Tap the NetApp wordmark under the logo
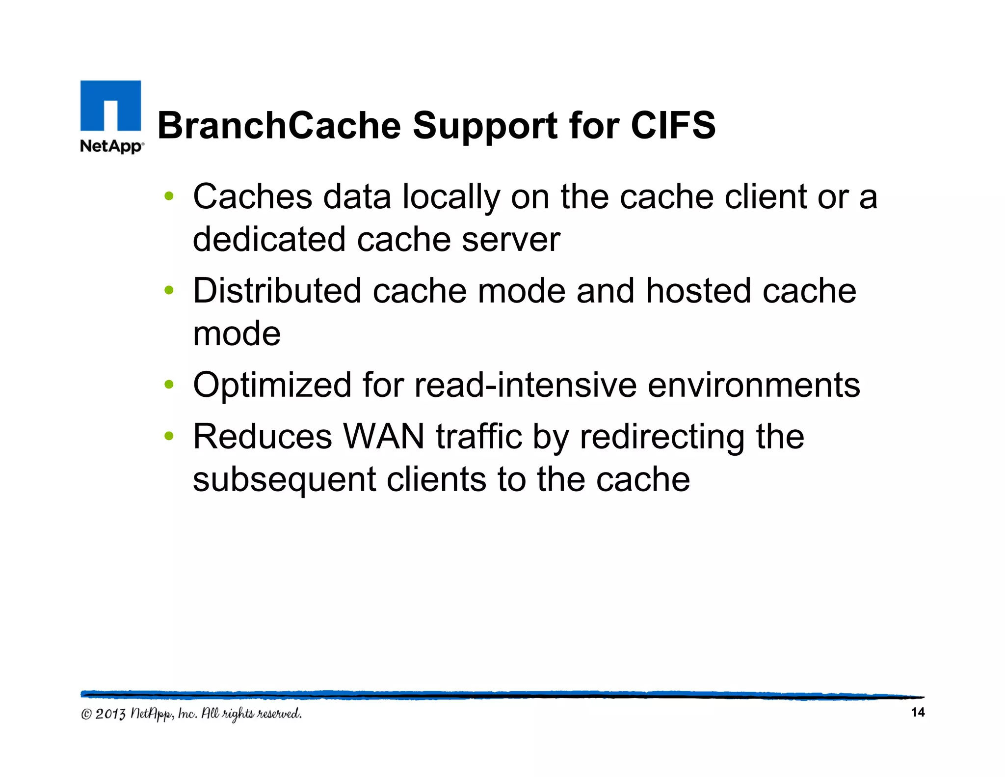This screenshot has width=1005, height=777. click(112, 146)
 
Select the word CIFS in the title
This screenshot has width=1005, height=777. click(673, 125)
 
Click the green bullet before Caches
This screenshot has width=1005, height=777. click(169, 196)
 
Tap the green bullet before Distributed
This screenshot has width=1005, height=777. click(169, 291)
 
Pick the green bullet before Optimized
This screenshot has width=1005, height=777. click(169, 385)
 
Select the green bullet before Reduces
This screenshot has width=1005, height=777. click(169, 436)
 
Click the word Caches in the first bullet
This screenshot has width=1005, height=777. click(252, 196)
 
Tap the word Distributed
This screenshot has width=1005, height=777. click(277, 291)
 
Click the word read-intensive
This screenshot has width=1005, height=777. click(526, 385)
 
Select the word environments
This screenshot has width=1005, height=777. click(754, 385)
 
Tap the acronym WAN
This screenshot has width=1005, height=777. click(384, 436)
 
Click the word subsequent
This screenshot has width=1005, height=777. click(284, 480)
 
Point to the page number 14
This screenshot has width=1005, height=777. click(917, 712)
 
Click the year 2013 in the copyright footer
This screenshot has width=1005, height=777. click(110, 714)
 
